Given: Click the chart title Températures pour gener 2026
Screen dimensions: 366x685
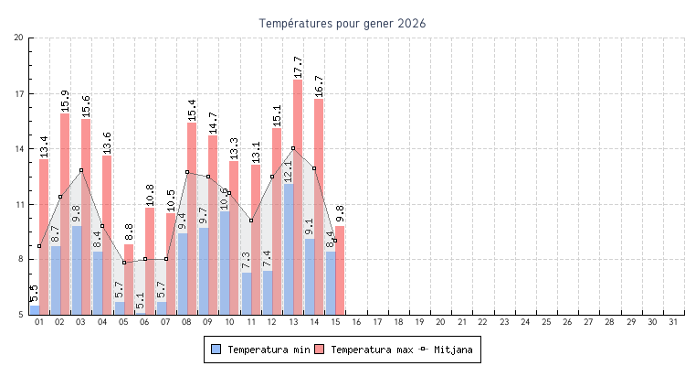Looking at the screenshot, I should point(342,23).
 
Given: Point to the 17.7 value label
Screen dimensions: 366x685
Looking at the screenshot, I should point(298,67).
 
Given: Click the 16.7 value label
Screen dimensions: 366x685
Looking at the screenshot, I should point(319,85).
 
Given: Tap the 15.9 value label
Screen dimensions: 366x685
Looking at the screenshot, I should point(65,100).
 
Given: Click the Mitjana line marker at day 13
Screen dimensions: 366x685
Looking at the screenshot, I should point(293,148).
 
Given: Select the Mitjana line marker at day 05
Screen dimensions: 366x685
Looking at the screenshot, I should point(124,263).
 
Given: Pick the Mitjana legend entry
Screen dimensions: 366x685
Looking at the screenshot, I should point(448,350).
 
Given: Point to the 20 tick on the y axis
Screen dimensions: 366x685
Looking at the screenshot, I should point(19,38).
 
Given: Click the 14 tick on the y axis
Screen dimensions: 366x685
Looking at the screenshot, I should point(19,148).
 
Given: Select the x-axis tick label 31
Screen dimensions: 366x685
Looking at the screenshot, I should point(673,322).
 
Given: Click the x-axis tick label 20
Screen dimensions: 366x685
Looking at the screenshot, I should point(440,322).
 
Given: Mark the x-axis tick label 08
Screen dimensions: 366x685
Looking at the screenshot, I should point(187,322).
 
